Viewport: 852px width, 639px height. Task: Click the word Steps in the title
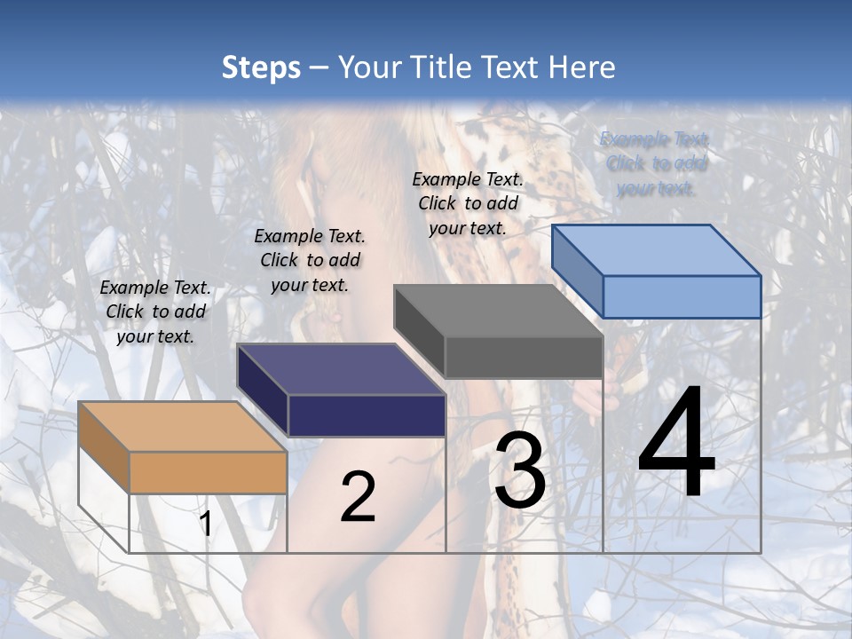pos(261,67)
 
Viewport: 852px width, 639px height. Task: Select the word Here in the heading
pos(581,67)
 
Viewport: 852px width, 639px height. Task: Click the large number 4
pos(676,445)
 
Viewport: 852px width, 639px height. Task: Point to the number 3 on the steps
pos(519,471)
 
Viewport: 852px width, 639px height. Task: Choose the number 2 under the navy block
pos(358,497)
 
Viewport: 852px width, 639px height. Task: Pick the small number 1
pos(205,524)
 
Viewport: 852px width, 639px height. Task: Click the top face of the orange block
pos(183,427)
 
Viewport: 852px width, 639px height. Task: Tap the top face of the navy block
pos(341,369)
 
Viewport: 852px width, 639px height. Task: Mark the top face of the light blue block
pos(657,249)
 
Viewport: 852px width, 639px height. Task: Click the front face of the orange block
pos(208,472)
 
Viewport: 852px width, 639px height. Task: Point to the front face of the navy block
pos(367,415)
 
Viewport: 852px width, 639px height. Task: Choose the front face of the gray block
pos(524,357)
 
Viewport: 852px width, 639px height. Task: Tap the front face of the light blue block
pos(682,296)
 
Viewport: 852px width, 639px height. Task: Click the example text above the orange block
pos(155,312)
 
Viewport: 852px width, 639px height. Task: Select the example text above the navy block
pos(310,260)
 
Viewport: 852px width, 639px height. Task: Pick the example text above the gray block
pos(468,203)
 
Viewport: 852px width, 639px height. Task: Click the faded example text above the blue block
pos(656,163)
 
